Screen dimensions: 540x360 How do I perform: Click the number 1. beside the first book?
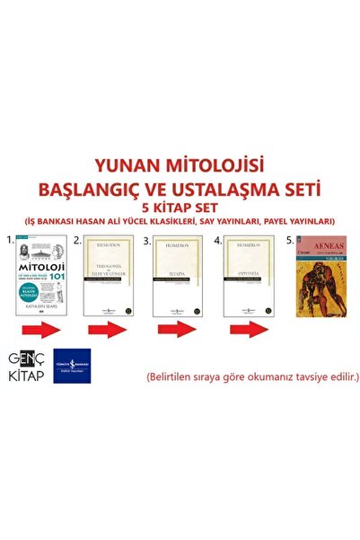pyautogui.click(x=7, y=240)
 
